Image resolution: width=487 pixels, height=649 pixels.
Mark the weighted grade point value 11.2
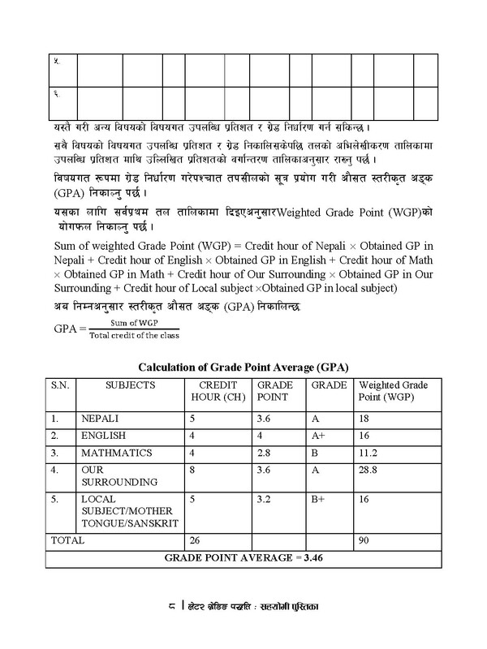click(368, 451)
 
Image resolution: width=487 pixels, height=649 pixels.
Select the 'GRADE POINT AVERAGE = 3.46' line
click(243, 557)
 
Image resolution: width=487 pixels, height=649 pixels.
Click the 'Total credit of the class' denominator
click(134, 336)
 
